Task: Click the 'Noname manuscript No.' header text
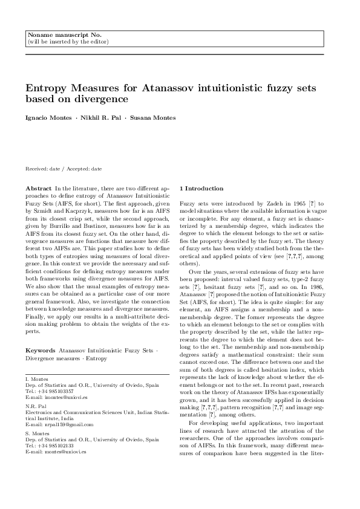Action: click(x=53, y=36)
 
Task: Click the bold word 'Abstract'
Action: click(x=38, y=189)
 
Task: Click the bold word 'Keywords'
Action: click(x=41, y=350)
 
